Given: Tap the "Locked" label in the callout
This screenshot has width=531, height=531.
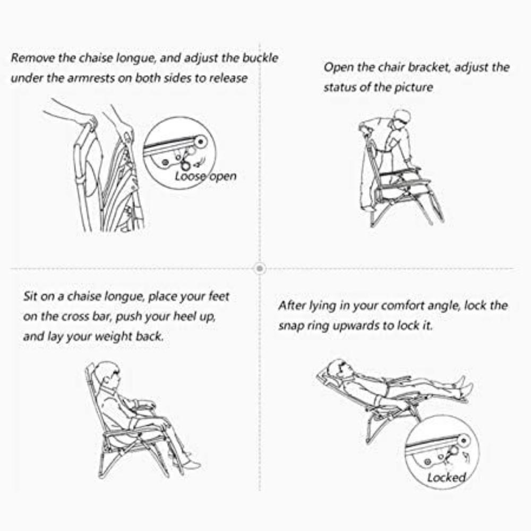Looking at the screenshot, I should [447, 477].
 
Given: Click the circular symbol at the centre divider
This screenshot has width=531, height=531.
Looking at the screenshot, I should [260, 269].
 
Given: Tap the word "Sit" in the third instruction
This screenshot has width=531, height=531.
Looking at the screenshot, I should [30, 296].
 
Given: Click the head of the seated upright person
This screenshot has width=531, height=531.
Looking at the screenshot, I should [108, 372].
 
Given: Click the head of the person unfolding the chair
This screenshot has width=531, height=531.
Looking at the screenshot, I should [402, 120].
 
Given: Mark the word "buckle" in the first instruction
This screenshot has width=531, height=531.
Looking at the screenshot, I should [260, 58].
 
